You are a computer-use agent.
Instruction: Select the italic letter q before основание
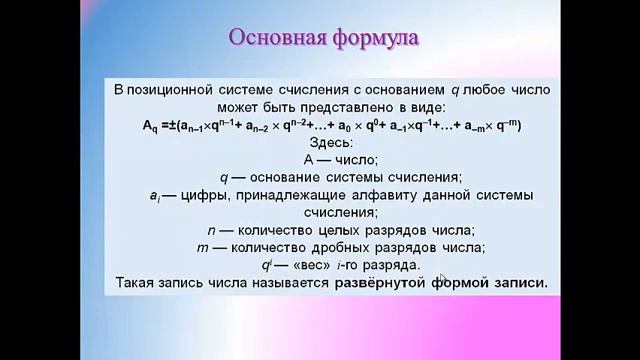(226, 176)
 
